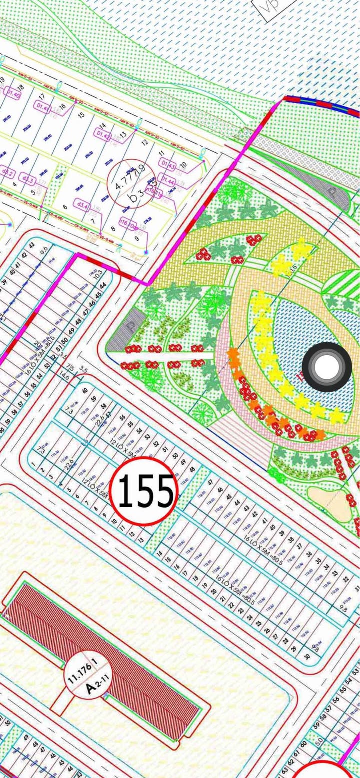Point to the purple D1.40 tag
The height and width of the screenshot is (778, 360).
click(13, 95)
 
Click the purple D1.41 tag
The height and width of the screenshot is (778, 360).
click(44, 107)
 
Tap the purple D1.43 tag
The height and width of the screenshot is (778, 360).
click(167, 163)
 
